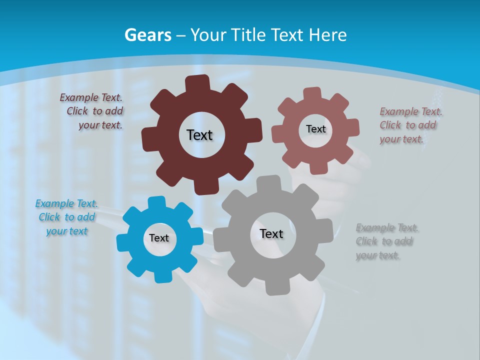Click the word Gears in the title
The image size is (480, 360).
(147, 35)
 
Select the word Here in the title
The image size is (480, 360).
(327, 35)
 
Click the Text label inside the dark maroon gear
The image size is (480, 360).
(199, 135)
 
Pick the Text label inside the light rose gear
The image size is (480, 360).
(315, 129)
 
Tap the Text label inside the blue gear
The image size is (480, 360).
(159, 238)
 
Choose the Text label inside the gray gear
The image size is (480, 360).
(271, 233)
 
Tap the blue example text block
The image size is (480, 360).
(67, 217)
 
